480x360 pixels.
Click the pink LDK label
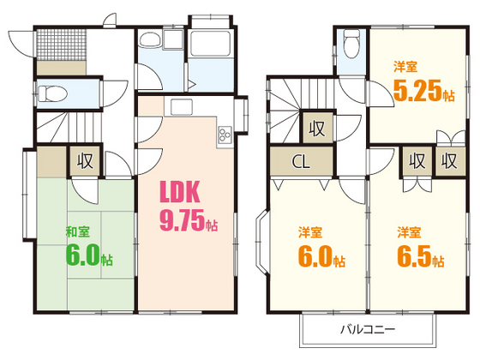180,192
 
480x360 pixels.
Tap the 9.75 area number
182,220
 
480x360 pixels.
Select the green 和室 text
78,231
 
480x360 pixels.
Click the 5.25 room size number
417,90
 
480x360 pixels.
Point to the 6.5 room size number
415,256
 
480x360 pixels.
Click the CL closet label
301,161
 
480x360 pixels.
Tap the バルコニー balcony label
368,330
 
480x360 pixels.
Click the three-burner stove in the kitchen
225,135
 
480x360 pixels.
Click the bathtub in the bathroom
210,43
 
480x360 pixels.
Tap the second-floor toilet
351,43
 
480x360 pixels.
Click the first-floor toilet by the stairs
51,93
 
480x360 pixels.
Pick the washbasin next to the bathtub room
150,39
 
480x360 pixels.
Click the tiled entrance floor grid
62,45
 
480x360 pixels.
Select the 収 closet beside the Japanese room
85,161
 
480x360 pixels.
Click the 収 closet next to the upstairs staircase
317,129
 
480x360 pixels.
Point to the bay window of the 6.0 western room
261,241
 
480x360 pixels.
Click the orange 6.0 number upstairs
315,256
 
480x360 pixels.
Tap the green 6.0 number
83,255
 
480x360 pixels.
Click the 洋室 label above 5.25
405,67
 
